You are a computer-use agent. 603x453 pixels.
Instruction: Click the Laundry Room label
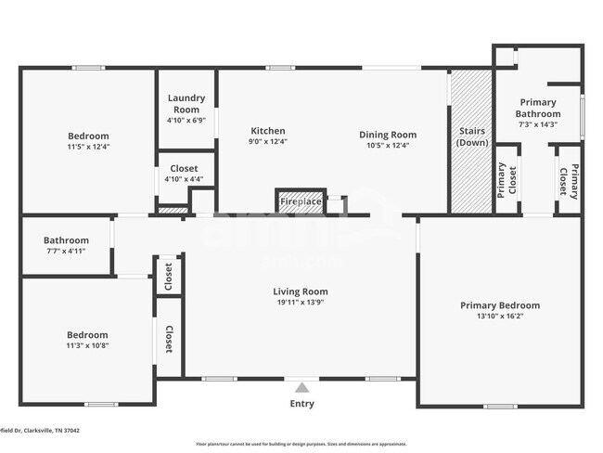coord(186,103)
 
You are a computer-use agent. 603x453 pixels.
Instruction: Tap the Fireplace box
coord(301,201)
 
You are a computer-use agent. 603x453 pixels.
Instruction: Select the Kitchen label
coord(267,131)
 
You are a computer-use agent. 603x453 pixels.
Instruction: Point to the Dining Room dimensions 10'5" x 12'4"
coord(388,145)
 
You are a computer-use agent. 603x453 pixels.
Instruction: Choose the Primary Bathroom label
coord(538,108)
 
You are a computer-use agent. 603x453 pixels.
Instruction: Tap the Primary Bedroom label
coord(500,305)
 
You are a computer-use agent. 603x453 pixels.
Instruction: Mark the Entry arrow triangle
coord(301,386)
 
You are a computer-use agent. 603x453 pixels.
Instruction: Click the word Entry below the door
coord(301,404)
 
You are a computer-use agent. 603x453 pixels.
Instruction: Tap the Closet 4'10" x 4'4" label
coord(184,174)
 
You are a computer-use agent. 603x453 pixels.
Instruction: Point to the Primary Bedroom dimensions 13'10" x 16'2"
coord(500,317)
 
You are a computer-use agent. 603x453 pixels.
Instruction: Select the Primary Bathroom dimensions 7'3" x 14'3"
coord(538,124)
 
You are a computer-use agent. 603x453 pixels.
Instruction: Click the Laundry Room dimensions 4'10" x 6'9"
coord(186,120)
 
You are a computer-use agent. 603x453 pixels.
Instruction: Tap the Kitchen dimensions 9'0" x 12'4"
coord(267,142)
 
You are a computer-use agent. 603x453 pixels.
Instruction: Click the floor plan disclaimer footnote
coord(301,444)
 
